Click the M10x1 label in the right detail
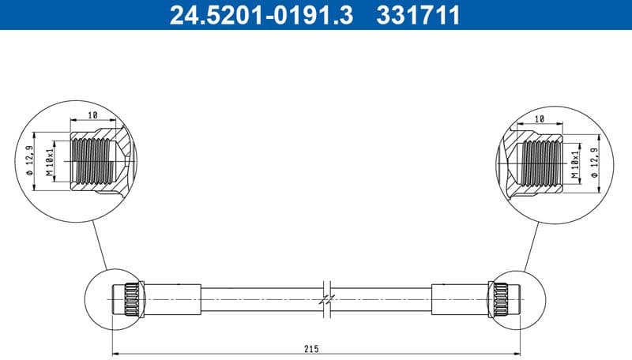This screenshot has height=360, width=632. tap(576, 163)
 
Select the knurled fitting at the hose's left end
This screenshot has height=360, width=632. tap(130, 299)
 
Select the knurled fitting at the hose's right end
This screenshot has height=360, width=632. tap(502, 299)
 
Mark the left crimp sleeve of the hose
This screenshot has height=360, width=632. tap(172, 299)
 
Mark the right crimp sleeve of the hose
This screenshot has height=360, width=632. tap(459, 299)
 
